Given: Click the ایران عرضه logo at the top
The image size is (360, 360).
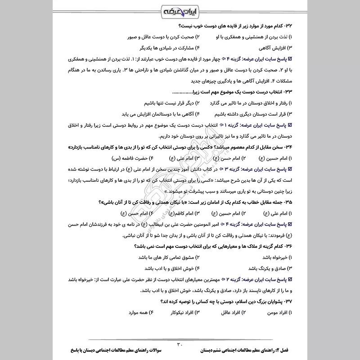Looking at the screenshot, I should [180, 10].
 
